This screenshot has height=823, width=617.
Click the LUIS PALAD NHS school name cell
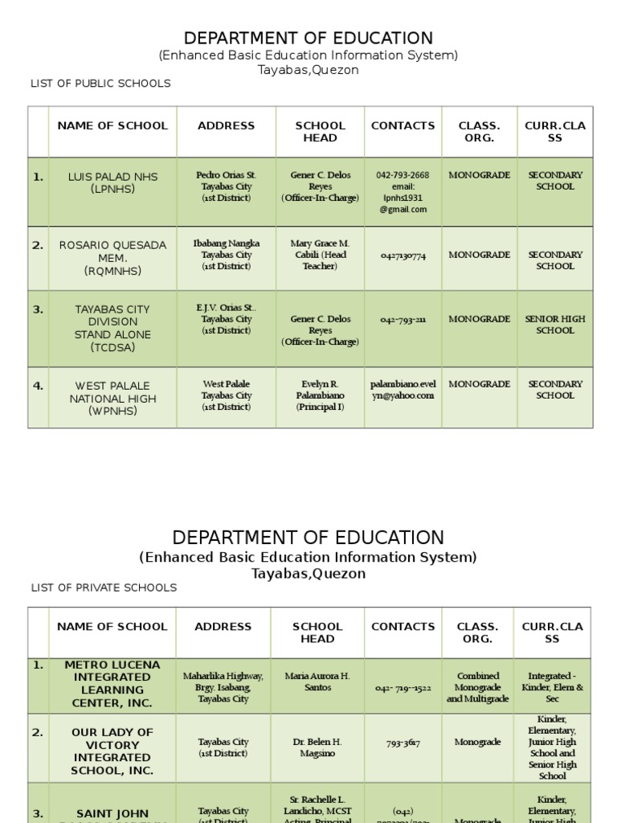[112, 182]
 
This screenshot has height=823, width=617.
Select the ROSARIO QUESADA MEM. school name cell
[112, 258]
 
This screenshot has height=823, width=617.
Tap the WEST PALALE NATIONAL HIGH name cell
[112, 398]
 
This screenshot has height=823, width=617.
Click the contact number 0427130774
[402, 256]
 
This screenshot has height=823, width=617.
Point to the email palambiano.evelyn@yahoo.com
[402, 390]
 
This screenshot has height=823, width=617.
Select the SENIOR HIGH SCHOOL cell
[554, 325]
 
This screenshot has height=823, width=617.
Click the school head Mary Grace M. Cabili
[320, 255]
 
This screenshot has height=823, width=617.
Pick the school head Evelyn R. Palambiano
[320, 395]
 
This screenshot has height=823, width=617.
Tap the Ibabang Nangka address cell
[226, 255]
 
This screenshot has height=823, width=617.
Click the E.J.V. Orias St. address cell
[226, 319]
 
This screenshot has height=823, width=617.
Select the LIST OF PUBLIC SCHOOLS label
[100, 84]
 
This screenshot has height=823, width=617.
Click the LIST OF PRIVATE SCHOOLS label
[104, 588]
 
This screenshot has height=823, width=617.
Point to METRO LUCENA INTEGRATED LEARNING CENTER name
[112, 684]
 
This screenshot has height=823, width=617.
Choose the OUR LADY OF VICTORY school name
[112, 751]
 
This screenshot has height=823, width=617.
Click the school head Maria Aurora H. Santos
[317, 682]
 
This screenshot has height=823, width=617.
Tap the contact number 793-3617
[402, 743]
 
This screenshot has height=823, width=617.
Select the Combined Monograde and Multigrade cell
[477, 688]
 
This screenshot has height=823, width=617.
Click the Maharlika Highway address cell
[223, 688]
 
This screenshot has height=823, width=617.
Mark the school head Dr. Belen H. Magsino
[317, 747]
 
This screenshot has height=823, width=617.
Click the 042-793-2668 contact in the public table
[402, 175]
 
